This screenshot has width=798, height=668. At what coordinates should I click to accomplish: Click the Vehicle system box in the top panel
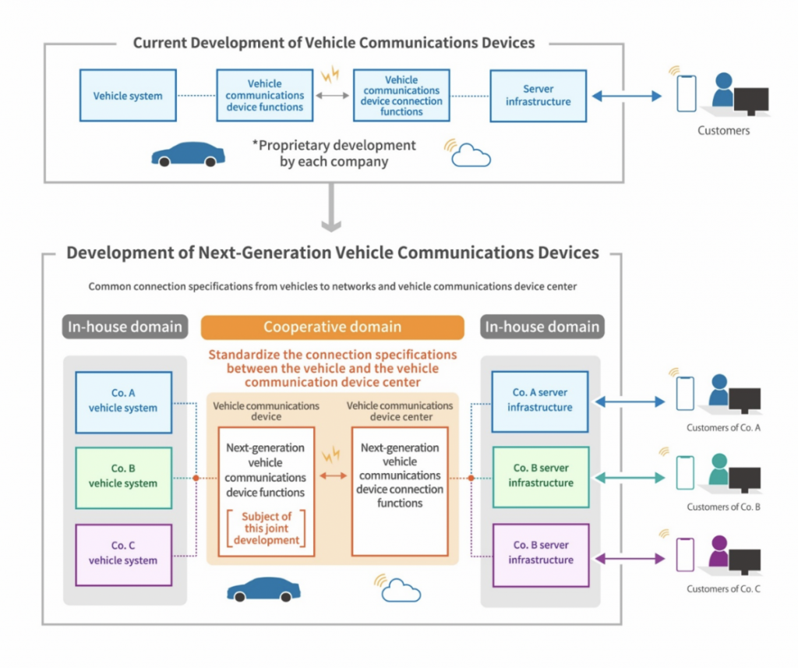pyautogui.click(x=128, y=96)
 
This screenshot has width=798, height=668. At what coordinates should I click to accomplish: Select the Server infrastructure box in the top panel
pyautogui.click(x=538, y=96)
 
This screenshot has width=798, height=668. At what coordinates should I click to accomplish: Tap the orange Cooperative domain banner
pyautogui.click(x=333, y=327)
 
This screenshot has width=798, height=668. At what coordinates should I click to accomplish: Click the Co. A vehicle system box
pyautogui.click(x=123, y=401)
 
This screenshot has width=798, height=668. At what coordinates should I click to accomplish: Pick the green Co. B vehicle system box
pyautogui.click(x=123, y=477)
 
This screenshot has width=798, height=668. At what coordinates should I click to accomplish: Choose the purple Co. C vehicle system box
pyautogui.click(x=123, y=554)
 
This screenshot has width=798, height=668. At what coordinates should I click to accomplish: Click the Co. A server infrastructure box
pyautogui.click(x=540, y=401)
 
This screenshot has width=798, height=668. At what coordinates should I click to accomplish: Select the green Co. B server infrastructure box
pyautogui.click(x=540, y=476)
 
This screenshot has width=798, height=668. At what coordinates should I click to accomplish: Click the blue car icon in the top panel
pyautogui.click(x=188, y=154)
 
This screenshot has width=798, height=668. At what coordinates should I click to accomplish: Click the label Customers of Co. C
pyautogui.click(x=723, y=589)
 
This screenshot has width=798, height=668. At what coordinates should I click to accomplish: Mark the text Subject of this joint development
pyautogui.click(x=266, y=528)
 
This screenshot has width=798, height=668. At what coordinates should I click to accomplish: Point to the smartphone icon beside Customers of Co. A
pyautogui.click(x=684, y=393)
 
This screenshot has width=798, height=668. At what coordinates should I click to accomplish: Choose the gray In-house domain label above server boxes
pyautogui.click(x=542, y=327)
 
